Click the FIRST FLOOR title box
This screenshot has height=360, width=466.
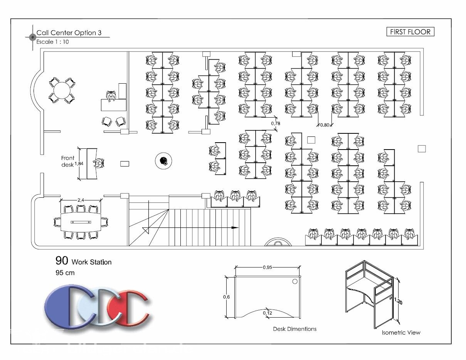410,32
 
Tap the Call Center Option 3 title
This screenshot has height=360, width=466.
69,33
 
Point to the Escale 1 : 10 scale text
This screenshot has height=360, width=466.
52,42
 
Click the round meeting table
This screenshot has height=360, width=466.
62,91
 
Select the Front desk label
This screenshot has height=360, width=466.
67,161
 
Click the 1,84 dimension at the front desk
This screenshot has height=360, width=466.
79,163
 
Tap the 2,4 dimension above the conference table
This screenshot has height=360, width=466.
81,200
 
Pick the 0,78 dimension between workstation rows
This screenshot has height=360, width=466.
276,123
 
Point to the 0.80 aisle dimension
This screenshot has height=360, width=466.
325,125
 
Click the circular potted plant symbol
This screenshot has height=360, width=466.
163,161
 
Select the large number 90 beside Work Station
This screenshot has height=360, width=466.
62,261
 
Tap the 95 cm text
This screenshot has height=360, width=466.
65,273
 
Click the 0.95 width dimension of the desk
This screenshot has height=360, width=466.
267,267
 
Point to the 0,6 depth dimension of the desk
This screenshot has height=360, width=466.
227,297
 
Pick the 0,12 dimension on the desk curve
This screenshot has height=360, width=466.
267,313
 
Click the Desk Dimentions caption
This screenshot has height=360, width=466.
294,329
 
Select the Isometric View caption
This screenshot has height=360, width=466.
401,333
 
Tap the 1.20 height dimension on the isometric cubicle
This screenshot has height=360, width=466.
398,301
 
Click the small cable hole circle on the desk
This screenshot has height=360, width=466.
295,281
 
